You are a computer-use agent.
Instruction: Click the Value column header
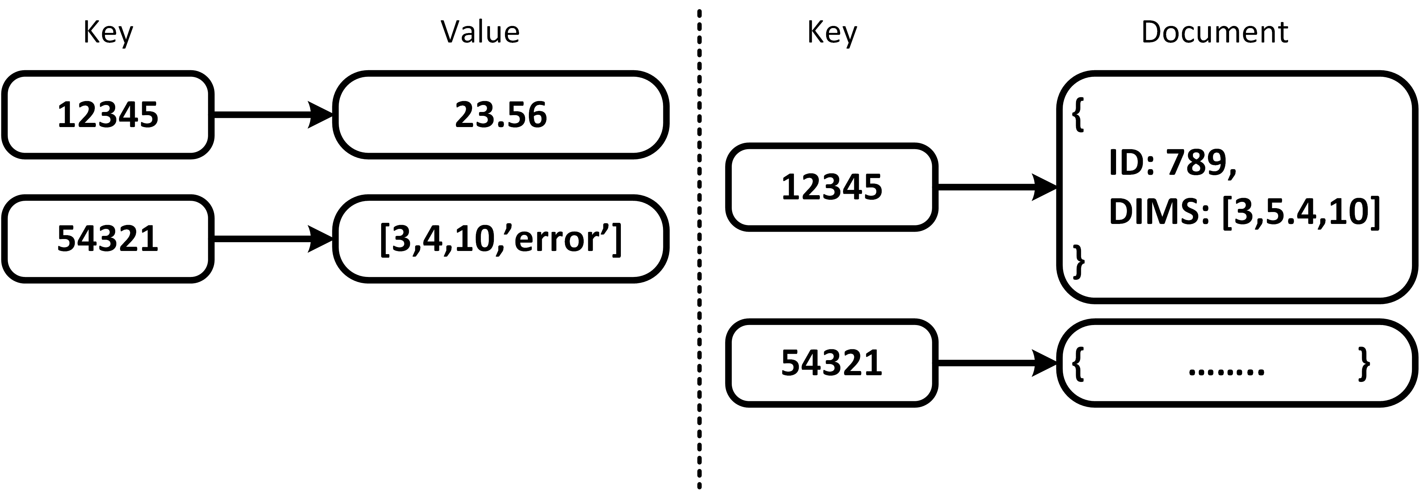pos(479,32)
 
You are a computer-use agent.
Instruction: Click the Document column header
pos(1214,32)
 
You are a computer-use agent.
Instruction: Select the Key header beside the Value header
pos(108,33)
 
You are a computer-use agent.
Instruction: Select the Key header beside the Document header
pos(832,33)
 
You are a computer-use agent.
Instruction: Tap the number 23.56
pos(500,115)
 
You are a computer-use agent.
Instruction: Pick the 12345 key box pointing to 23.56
pos(108,115)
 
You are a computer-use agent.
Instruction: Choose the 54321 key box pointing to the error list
pos(108,239)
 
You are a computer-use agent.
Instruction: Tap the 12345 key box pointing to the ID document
pos(832,187)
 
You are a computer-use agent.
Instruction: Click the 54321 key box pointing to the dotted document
pos(832,363)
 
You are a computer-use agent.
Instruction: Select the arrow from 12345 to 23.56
pos(273,115)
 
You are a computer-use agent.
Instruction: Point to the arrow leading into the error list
pos(273,239)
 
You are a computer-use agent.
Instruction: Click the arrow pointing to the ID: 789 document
pos(997,187)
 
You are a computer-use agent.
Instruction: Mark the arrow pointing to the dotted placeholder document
pos(997,363)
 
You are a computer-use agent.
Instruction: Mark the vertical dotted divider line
pos(699,248)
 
